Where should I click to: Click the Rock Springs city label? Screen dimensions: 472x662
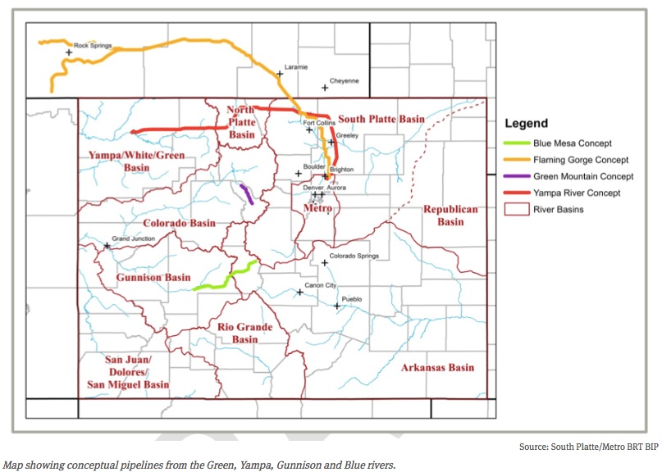(92, 46)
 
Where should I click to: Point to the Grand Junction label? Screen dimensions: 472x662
(132, 238)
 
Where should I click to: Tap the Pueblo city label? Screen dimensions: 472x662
(351, 299)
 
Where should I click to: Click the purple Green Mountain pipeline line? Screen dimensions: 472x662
(246, 194)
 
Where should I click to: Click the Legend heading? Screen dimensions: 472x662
(526, 124)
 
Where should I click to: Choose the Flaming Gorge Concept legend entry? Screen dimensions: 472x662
(580, 160)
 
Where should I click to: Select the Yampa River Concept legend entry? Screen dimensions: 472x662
(576, 193)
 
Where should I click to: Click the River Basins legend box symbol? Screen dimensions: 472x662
(514, 209)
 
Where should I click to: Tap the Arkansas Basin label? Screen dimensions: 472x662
(437, 367)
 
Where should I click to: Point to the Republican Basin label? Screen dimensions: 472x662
(450, 216)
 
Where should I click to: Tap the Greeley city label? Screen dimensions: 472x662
(345, 135)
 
